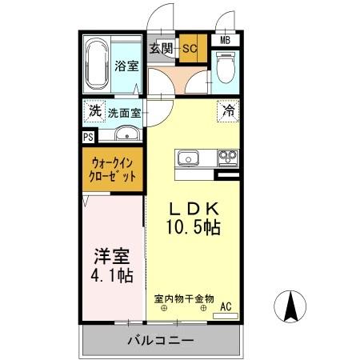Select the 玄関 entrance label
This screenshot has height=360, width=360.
point(162,48)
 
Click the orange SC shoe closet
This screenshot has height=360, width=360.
point(190,48)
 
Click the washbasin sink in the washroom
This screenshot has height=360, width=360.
point(126,133)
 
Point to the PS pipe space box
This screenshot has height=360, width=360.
point(87,137)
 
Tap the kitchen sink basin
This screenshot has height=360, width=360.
point(190,158)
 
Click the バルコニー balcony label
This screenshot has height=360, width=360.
point(160,341)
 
